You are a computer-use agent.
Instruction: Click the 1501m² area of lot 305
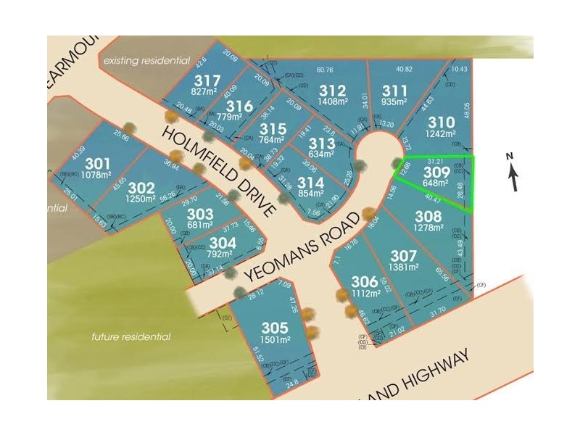click(x=275, y=339)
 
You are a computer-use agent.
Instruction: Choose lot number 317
click(x=207, y=80)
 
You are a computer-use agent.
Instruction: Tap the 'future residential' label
click(x=131, y=336)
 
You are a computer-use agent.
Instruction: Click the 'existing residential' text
click(x=146, y=61)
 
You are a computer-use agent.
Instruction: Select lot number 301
click(x=97, y=163)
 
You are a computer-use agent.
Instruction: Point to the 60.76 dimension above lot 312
click(x=325, y=70)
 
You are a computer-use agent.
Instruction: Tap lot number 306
click(x=365, y=281)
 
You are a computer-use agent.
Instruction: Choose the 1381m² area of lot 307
click(x=404, y=268)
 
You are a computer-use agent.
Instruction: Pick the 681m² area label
click(x=199, y=225)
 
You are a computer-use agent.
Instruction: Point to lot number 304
click(x=222, y=244)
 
